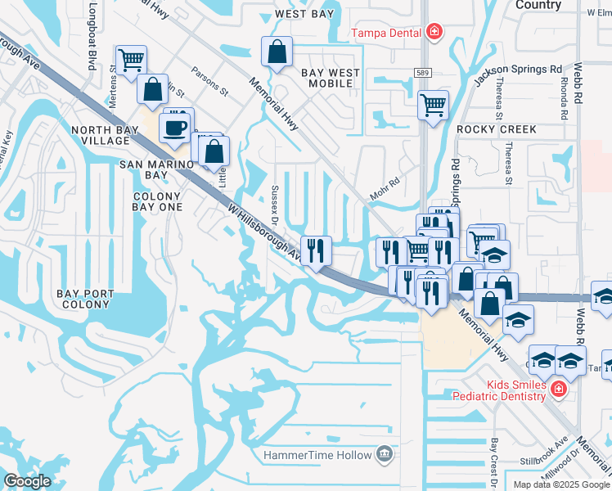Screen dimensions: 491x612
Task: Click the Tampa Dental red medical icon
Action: (434, 34)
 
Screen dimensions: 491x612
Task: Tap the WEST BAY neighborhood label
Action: (305, 15)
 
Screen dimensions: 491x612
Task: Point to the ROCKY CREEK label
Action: (497, 130)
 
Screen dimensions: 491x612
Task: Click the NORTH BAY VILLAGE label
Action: (101, 136)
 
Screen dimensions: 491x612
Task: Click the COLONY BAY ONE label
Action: (157, 202)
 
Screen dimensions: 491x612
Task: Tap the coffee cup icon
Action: (175, 127)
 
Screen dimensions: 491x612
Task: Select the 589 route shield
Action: (422, 73)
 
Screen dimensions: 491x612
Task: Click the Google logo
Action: (27, 481)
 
